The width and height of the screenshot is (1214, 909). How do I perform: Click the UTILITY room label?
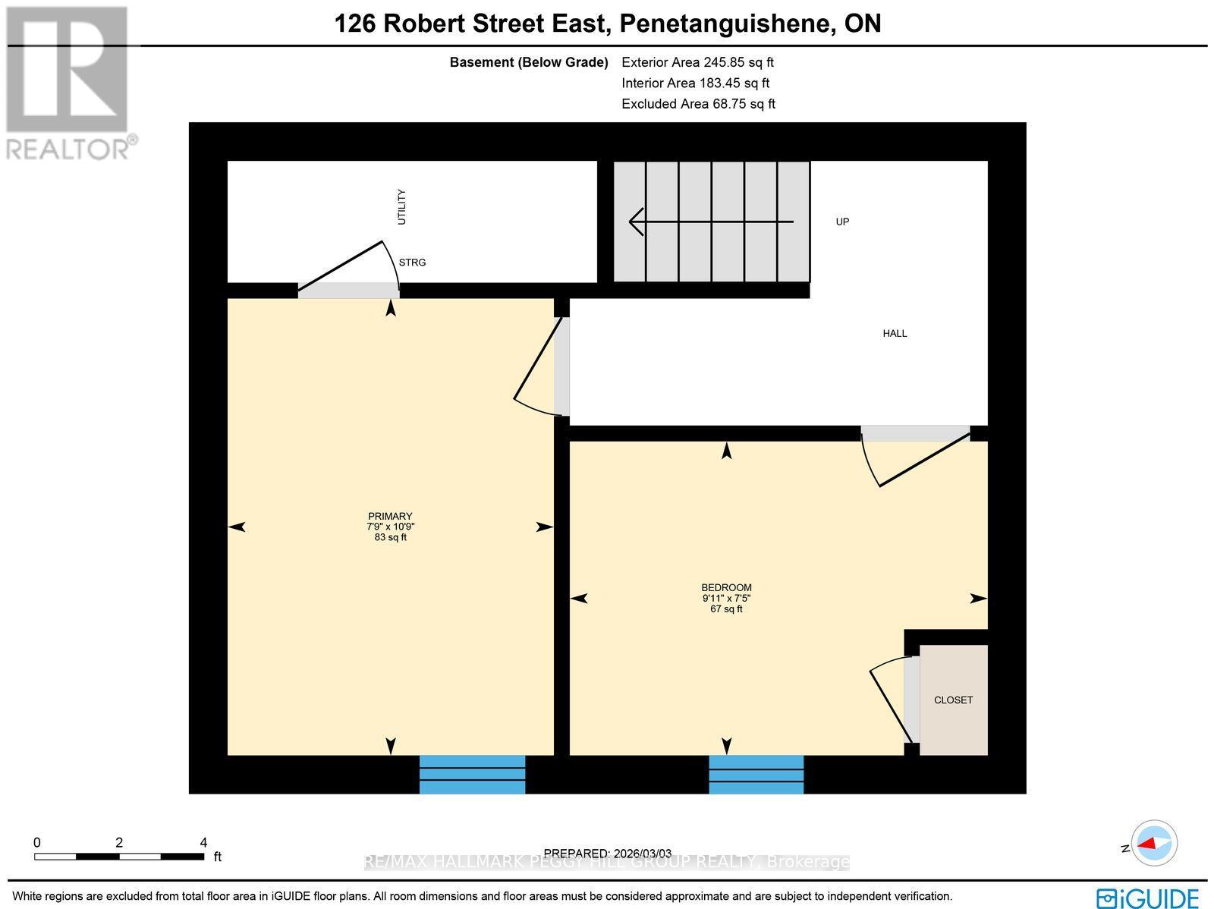tap(401, 206)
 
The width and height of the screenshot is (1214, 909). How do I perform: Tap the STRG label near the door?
tap(412, 263)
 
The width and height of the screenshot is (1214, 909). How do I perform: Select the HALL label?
tap(895, 333)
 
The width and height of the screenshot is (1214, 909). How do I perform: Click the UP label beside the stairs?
tap(842, 222)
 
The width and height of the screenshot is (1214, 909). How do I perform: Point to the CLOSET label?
tap(953, 700)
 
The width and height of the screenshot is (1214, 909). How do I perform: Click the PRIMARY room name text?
tap(390, 516)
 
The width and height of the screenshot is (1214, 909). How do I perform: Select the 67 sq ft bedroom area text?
tap(726, 609)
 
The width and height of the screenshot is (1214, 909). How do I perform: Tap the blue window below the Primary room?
tap(472, 774)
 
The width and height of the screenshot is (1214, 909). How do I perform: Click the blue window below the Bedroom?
tap(756, 774)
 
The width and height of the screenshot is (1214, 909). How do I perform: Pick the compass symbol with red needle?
tap(1154, 843)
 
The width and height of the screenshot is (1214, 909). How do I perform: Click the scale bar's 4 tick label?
tap(203, 842)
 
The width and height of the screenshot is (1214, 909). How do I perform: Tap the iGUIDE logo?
tap(1147, 897)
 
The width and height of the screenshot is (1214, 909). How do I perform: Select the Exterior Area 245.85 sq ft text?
tap(697, 62)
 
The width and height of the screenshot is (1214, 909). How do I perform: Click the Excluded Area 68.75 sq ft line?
tap(698, 104)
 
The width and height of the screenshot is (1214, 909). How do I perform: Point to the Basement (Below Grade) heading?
tap(529, 62)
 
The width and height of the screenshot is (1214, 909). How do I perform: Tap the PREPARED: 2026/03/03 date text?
tap(608, 853)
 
